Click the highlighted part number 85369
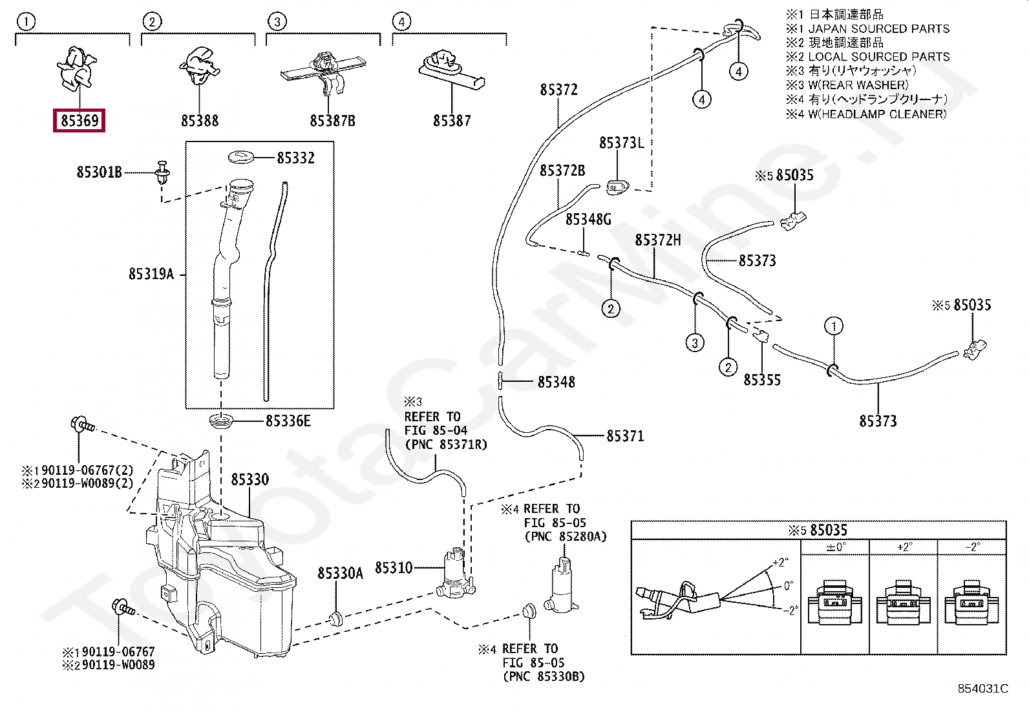coord(80,120)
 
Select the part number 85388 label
coord(200,121)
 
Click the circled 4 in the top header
coord(401,22)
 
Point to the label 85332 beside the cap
coord(295,158)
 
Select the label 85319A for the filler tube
coord(151,275)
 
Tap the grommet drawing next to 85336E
coord(221,422)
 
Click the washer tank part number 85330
coord(249,479)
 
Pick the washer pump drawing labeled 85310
coord(455,572)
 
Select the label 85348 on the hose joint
coord(556,382)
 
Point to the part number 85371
coord(625,436)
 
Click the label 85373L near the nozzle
coord(621,143)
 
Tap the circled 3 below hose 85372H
coord(695,342)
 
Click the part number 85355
coord(762,380)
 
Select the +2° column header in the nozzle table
coord(904,547)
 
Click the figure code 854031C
coord(982,689)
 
